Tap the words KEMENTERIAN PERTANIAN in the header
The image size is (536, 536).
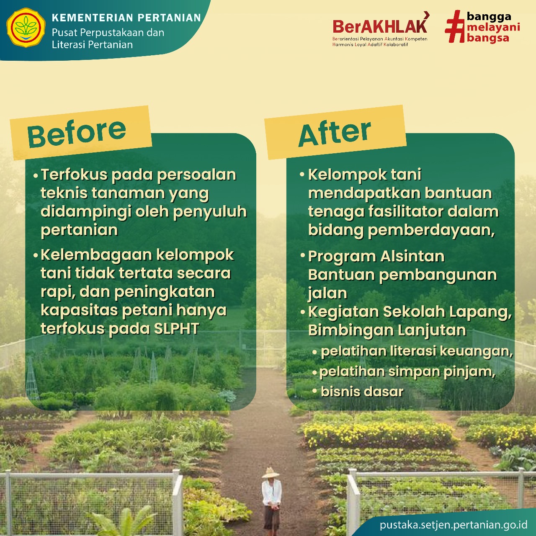click(126, 18)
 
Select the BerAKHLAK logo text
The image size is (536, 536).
click(380, 27)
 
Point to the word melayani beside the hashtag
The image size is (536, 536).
click(493, 27)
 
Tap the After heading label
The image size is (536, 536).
click(335, 134)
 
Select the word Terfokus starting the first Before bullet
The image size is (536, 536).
click(74, 175)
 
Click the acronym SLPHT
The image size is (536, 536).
click(176, 328)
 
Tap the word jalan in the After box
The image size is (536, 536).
click(327, 293)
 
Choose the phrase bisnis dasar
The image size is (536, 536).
click(362, 392)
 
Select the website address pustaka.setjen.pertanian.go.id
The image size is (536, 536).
click(454, 525)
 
